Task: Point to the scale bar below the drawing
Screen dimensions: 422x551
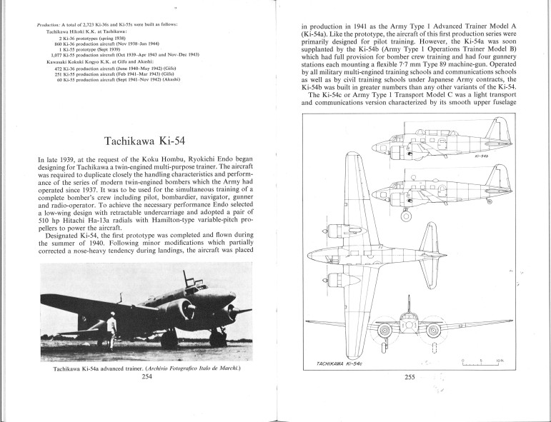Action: coord(483,364)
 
